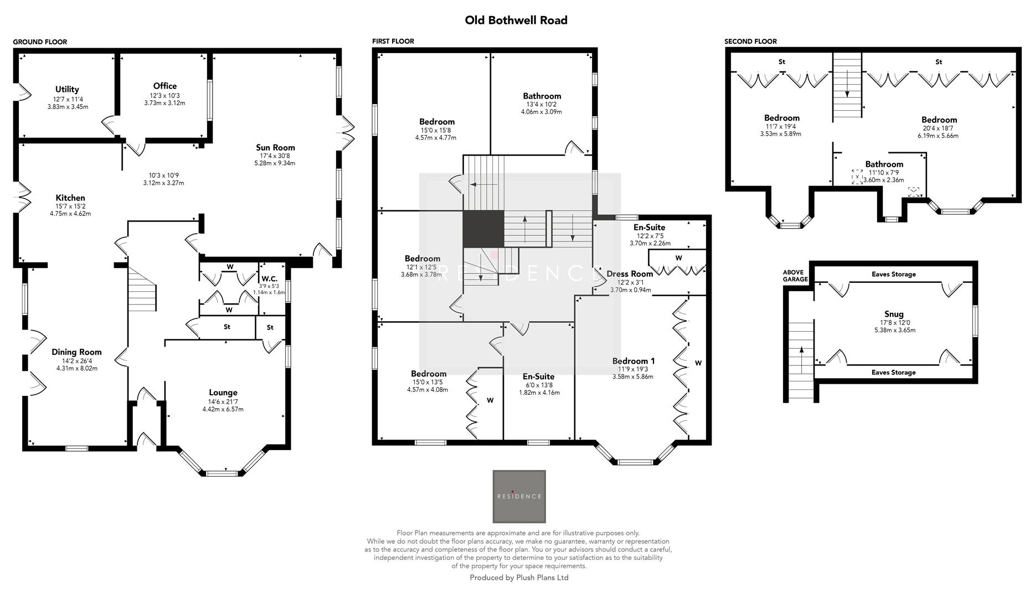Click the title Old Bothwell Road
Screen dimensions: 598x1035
[516, 20]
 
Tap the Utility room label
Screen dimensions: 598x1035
[67, 89]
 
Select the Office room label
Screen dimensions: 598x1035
[164, 86]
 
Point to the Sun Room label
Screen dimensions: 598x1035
[275, 147]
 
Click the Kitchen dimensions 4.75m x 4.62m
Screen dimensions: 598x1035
[70, 213]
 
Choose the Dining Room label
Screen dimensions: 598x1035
[76, 352]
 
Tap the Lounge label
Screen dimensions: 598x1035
[223, 393]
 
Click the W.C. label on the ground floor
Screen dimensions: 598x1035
[269, 279]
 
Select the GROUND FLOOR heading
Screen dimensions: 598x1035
[40, 42]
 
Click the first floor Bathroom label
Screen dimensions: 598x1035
[542, 96]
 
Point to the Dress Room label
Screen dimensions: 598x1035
[630, 274]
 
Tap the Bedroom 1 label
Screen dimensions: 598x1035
[633, 360]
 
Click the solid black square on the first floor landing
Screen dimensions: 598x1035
[483, 229]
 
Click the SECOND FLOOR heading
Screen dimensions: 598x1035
[750, 42]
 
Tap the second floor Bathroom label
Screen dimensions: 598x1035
[884, 164]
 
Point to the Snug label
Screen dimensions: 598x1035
[894, 314]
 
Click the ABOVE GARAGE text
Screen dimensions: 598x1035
[795, 276]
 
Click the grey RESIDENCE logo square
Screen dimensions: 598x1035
[519, 496]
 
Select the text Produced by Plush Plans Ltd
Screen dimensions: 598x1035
[519, 578]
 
